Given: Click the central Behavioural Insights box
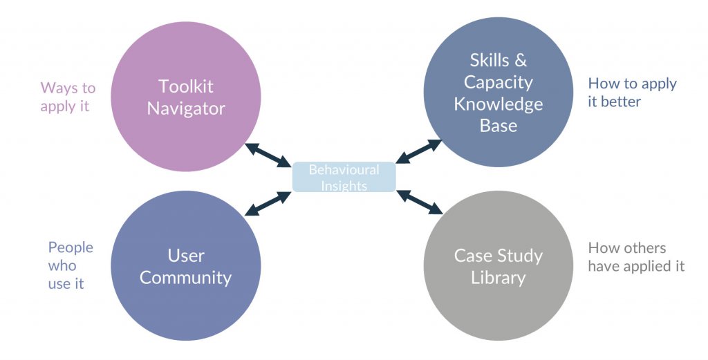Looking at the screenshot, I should point(344,177).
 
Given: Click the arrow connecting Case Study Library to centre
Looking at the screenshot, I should point(420,202).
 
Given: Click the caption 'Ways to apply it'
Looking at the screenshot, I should point(67,97).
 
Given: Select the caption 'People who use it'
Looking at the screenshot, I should point(70,265).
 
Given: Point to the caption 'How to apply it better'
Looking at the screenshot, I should point(632,93).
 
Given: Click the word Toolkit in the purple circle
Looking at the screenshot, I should point(185,86).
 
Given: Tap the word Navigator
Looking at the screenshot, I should point(185,108).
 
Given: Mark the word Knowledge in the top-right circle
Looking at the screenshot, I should point(498,104).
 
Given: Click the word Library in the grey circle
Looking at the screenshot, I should point(498,278).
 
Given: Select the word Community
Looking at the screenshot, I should point(185,278).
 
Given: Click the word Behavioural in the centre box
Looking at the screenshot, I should point(344,170).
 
